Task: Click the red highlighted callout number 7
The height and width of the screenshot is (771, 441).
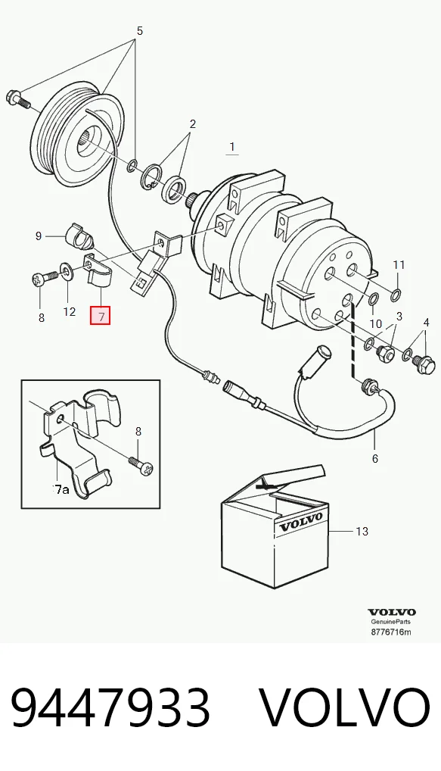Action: click(x=100, y=315)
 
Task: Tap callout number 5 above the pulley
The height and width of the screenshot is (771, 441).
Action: click(x=139, y=31)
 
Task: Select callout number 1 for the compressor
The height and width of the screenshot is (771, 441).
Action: click(x=231, y=146)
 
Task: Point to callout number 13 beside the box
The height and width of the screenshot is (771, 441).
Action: click(x=362, y=531)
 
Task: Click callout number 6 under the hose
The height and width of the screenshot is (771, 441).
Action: click(x=375, y=458)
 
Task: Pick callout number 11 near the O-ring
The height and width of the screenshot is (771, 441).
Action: click(x=399, y=265)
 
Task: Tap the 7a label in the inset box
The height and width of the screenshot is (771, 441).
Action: click(x=61, y=489)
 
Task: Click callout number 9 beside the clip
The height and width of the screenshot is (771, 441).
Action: click(x=39, y=236)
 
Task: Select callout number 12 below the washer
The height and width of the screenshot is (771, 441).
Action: click(x=70, y=311)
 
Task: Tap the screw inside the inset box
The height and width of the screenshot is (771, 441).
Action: click(x=141, y=465)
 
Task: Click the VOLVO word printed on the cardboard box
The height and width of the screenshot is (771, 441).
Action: click(x=300, y=523)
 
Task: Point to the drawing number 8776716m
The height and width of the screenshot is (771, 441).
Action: click(x=391, y=632)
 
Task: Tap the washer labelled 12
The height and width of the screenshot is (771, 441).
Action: click(x=65, y=270)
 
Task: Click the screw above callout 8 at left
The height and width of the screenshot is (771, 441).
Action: click(x=43, y=279)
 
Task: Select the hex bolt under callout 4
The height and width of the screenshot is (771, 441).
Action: click(x=424, y=364)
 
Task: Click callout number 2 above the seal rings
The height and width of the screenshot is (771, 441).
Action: click(x=192, y=124)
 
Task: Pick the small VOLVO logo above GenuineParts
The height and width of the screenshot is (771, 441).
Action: click(x=392, y=612)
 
